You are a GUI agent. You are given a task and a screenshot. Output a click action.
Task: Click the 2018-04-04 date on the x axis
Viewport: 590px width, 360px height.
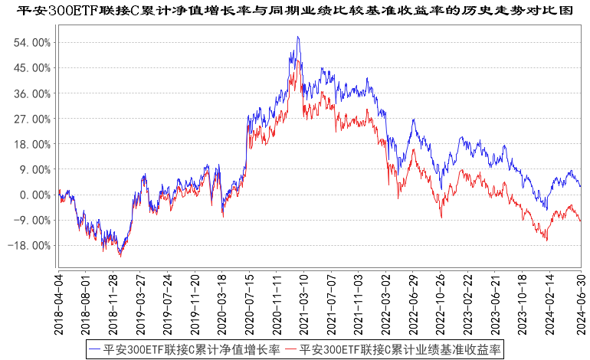59,303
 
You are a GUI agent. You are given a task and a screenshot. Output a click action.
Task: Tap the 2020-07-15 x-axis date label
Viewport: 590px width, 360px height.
249,303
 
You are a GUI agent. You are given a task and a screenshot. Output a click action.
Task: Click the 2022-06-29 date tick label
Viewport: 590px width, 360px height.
414,303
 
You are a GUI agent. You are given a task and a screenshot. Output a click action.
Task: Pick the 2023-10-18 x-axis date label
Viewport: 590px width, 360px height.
524,303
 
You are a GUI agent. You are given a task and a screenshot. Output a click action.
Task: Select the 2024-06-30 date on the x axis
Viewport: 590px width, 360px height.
580,303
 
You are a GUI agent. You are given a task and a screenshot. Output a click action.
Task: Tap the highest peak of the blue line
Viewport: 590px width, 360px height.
297,37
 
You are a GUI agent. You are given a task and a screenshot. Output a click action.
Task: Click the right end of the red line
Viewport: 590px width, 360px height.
581,221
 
